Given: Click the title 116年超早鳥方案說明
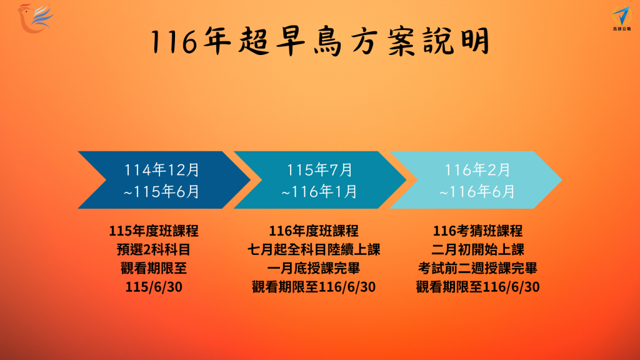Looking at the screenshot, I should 320,42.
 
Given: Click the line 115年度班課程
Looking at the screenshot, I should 154,231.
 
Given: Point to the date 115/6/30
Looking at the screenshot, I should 154,287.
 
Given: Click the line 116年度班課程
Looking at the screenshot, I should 314,231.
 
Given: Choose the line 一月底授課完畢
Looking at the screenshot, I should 314,268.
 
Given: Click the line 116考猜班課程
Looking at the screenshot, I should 478,231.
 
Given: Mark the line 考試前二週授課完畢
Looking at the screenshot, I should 478,268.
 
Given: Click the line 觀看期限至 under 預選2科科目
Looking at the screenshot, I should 154,268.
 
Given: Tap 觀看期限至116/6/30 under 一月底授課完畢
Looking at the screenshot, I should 314,287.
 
